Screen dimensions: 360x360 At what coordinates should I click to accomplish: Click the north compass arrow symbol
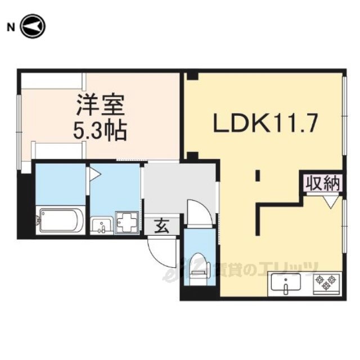33,26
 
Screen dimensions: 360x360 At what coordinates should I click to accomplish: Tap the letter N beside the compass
11,28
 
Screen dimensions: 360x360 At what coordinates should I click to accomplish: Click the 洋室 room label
101,105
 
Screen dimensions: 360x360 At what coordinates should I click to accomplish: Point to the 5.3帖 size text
100,130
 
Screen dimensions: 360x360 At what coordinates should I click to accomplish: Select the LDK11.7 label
265,123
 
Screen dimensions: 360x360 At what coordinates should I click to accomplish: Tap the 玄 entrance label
162,226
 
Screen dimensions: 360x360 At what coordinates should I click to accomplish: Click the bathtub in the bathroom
60,220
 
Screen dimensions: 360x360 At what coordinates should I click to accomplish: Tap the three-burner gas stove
326,283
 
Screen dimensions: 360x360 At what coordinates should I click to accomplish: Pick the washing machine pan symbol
127,222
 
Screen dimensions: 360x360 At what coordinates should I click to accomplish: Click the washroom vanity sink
102,226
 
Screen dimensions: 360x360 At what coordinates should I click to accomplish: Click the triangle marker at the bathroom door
95,174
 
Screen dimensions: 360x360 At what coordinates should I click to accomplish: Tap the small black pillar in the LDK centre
258,175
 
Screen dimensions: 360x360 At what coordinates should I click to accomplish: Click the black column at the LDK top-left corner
192,76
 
